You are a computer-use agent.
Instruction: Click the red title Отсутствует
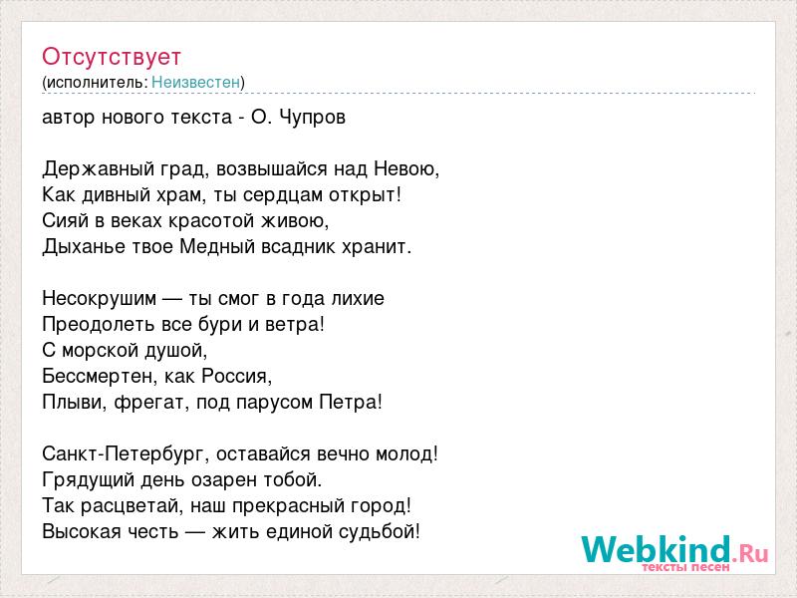coord(112,57)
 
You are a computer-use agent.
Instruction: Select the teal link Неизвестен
coord(195,82)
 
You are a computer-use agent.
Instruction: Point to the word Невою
coord(406,168)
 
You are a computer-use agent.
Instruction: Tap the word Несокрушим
coord(99,298)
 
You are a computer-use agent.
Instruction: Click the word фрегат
coord(152,403)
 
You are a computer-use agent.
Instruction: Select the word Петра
coord(351,403)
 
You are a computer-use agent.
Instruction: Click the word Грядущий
coord(89,480)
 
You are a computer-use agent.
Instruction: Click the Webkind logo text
coord(675,551)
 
